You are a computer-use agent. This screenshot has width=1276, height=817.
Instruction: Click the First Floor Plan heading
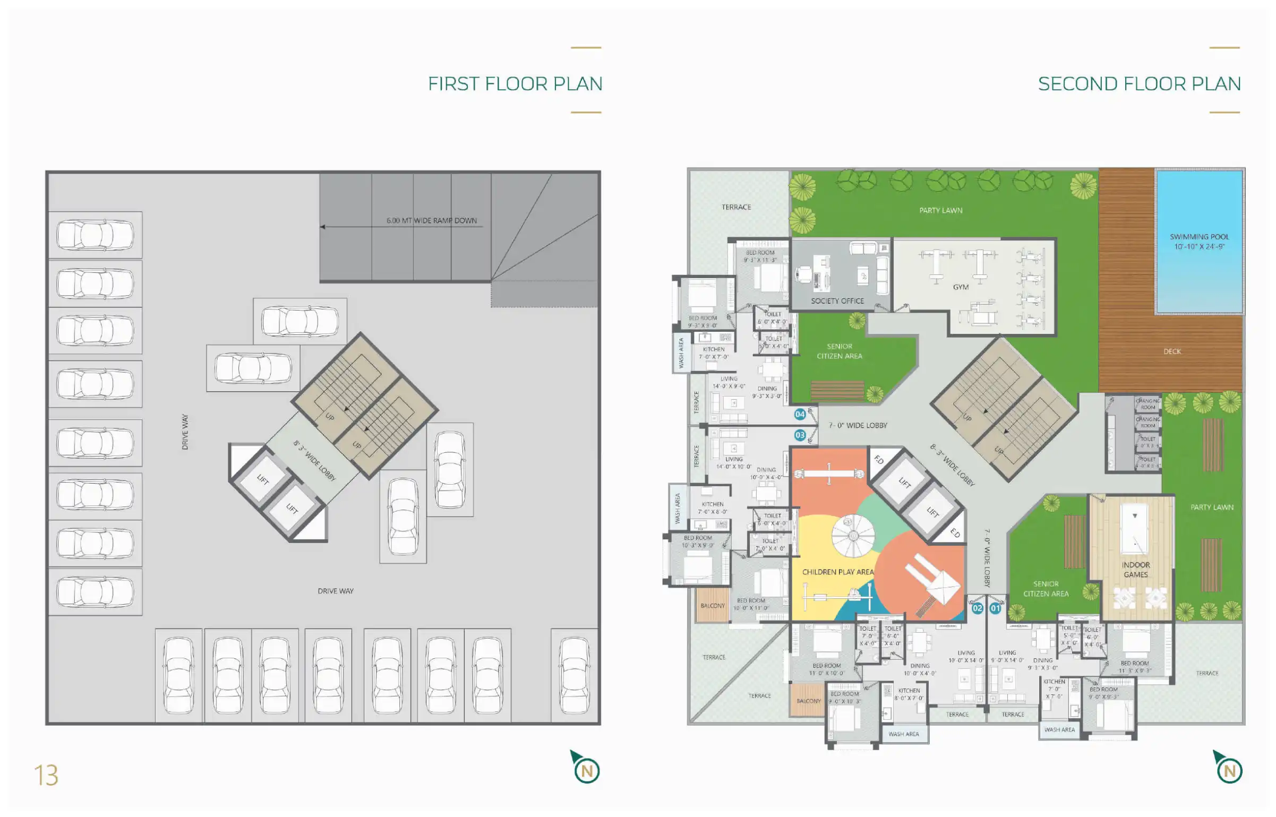515,84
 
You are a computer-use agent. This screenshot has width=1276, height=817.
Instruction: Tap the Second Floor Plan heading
1139,84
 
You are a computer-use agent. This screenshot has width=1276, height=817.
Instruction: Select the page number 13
46,776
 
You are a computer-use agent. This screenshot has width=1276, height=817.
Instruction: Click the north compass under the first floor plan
586,768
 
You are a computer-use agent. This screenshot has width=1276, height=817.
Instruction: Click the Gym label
961,287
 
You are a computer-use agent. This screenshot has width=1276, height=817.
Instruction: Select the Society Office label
837,301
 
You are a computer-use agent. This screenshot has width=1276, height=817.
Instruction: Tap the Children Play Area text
837,572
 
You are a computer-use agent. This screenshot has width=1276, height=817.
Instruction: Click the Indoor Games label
1135,570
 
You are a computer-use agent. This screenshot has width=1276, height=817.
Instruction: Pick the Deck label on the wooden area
1172,351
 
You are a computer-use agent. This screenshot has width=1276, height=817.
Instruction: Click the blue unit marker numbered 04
800,414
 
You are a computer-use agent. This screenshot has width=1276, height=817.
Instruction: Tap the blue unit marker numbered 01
995,608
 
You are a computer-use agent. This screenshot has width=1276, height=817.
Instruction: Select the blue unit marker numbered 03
800,435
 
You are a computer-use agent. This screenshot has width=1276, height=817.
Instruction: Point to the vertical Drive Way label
185,432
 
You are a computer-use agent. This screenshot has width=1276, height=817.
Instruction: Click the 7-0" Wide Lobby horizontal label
858,425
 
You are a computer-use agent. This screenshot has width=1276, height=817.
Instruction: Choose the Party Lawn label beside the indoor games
1211,507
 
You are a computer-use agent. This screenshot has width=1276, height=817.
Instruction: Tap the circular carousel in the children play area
852,536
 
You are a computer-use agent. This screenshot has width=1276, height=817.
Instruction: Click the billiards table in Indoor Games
1135,529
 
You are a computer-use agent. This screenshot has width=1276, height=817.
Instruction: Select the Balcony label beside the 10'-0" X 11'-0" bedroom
712,606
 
